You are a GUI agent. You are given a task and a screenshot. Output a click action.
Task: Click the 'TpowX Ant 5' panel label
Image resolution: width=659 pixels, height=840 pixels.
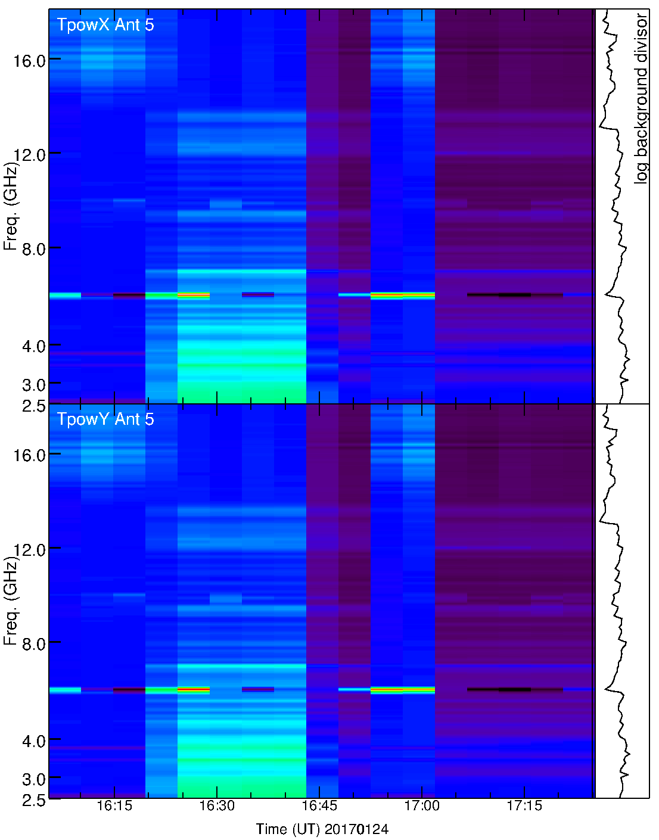pos(105,24)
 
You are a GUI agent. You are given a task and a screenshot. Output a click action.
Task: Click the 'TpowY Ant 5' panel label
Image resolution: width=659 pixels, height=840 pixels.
pos(105,419)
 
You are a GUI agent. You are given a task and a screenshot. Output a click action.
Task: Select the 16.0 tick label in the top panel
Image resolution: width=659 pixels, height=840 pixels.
pos(30,60)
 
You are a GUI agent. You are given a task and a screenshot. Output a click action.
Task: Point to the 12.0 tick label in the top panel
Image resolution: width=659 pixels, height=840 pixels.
pos(30,155)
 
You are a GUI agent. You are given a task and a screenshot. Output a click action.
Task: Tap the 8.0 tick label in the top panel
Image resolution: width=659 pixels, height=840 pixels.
pos(34,249)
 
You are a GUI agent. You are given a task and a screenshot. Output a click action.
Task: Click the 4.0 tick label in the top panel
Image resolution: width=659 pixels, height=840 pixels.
pos(34,346)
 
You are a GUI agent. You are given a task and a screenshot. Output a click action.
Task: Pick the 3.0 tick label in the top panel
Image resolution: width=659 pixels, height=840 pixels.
pos(34,385)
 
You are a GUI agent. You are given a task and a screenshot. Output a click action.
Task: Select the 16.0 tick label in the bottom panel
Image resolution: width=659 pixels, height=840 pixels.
pos(30,455)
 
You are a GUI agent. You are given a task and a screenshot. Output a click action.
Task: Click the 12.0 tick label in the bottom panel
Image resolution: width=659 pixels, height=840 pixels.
pos(30,549)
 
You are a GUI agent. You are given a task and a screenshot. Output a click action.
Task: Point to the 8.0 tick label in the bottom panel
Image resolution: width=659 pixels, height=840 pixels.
pos(34,643)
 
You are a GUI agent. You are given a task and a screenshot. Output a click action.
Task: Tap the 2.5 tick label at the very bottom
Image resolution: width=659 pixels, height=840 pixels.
pos(34,800)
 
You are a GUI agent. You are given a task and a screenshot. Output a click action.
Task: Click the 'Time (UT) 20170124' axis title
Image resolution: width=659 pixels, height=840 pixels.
pos(322,829)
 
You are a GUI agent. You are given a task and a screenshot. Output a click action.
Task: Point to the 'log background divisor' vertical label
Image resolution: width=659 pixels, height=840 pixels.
pos(641,98)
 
